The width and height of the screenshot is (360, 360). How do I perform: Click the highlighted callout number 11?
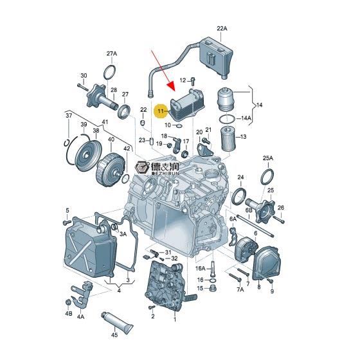[160, 111]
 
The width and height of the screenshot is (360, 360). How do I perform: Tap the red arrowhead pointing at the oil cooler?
[172, 87]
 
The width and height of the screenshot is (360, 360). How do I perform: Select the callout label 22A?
[222, 28]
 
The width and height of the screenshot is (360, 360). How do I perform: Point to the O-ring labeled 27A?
[109, 72]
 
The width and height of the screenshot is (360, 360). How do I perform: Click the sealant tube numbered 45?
[117, 323]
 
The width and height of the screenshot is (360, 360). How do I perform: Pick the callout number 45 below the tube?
[114, 335]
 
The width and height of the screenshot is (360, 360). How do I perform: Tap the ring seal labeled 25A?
[267, 177]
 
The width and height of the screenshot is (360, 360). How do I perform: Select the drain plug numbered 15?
[213, 288]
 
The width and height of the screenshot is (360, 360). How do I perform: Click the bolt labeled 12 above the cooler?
[193, 82]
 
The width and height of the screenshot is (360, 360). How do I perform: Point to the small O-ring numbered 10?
[179, 125]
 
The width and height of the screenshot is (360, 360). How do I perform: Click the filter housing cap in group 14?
[226, 100]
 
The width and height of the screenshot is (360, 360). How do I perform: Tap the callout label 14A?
[246, 118]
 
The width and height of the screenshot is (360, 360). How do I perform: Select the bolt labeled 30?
[83, 87]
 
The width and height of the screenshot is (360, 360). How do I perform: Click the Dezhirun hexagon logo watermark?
[142, 168]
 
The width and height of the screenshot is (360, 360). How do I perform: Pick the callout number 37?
[69, 116]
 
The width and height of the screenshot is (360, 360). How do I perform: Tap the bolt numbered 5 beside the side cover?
[67, 222]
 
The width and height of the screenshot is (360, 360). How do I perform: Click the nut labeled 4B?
[68, 302]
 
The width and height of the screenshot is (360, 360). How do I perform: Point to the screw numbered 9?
[270, 281]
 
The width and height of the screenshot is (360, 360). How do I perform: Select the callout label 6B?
[249, 210]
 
